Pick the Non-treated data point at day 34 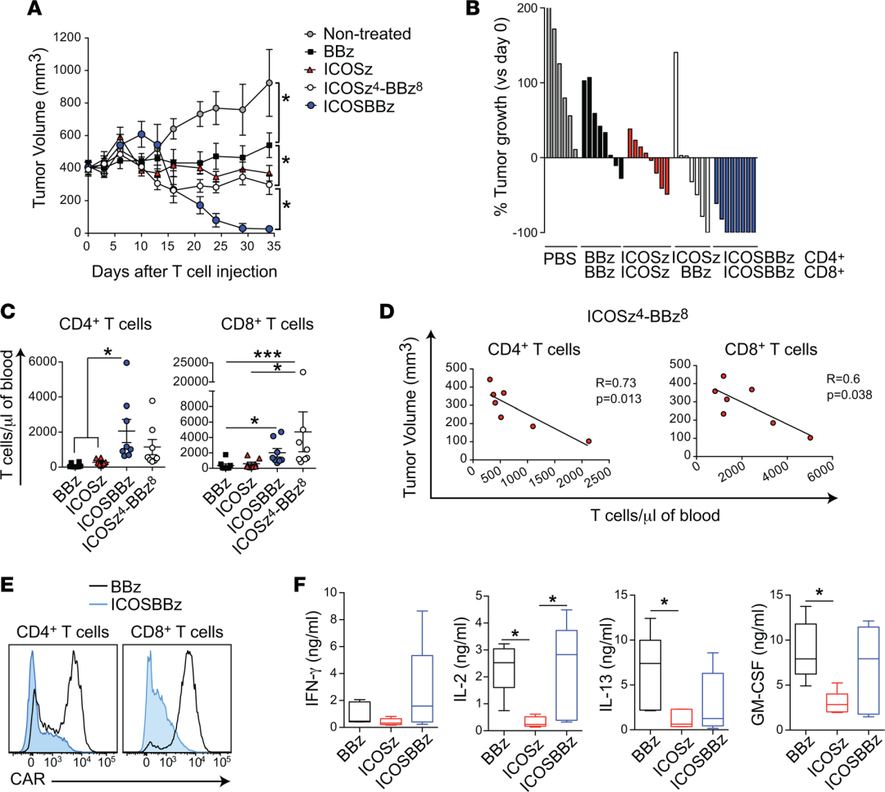point(269,83)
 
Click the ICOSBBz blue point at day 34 point(269,229)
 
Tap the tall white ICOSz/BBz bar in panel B point(676,104)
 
